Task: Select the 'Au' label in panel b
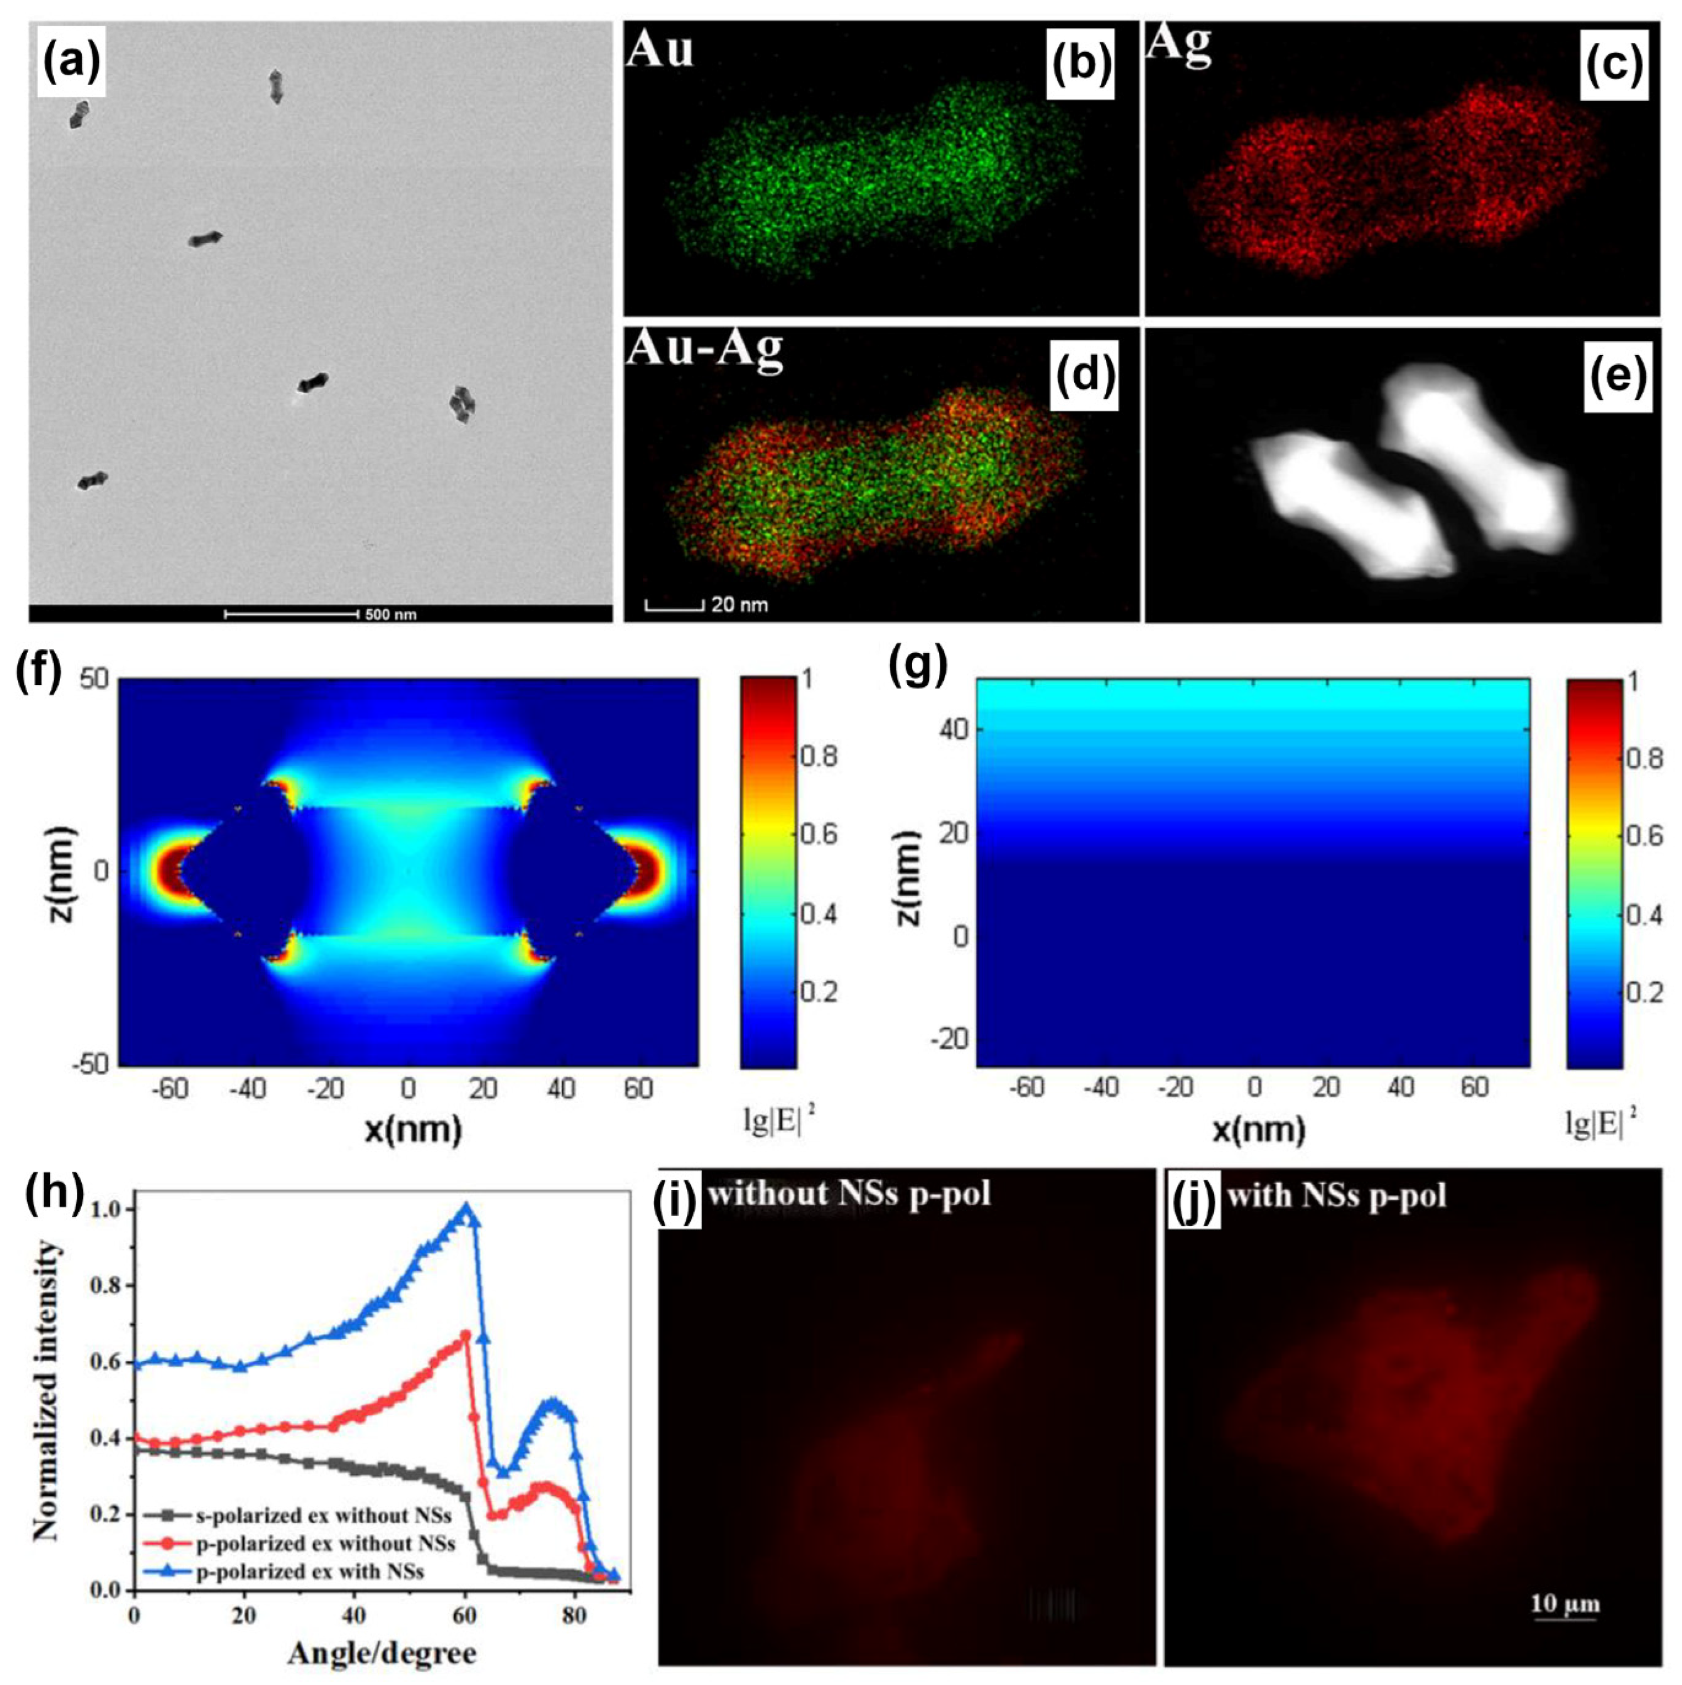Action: coord(660,50)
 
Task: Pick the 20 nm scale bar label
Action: coord(739,603)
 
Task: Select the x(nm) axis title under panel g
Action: coord(1258,1130)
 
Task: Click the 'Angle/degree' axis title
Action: coord(382,1652)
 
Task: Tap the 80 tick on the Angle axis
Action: coord(575,1615)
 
